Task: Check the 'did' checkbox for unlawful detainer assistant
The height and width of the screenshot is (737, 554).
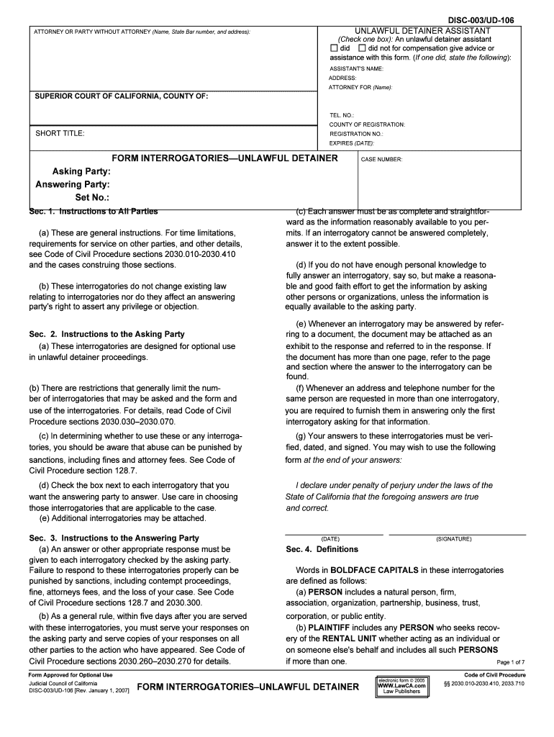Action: click(x=334, y=48)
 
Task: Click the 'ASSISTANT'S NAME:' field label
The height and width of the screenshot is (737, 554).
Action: click(x=356, y=68)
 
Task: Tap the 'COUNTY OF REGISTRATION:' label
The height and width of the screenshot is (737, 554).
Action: click(x=367, y=125)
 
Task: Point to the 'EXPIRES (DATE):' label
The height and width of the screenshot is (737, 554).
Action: click(x=352, y=143)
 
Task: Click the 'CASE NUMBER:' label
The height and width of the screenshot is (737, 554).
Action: click(x=381, y=160)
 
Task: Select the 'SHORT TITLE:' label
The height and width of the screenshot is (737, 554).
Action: click(x=60, y=133)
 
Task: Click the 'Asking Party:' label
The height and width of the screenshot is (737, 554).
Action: click(x=81, y=172)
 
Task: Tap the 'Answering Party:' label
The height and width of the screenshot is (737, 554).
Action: click(x=73, y=184)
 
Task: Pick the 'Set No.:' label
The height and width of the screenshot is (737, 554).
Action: click(x=92, y=197)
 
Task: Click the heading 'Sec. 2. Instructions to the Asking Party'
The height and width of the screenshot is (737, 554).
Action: click(x=106, y=334)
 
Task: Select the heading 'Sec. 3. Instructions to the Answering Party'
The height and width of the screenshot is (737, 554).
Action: click(x=114, y=538)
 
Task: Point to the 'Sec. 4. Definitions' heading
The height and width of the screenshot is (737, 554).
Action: click(x=322, y=549)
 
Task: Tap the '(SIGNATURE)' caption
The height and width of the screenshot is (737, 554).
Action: click(x=453, y=538)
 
